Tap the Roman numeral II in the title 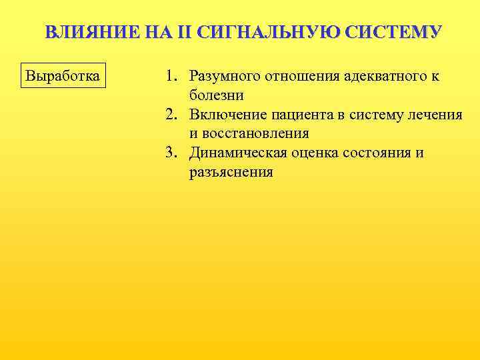coord(186,33)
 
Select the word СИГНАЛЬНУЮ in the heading coord(269,33)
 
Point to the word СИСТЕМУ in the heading coord(393,33)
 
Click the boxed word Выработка coord(62,75)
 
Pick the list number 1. coord(171,76)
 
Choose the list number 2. coord(171,115)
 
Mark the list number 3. coord(171,153)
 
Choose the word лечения coord(437,115)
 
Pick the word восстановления coord(257,133)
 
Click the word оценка coord(315,153)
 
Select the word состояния coord(378,153)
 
